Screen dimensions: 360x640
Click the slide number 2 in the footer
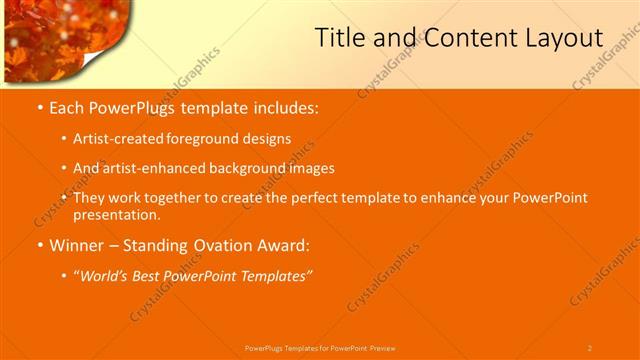tap(589, 347)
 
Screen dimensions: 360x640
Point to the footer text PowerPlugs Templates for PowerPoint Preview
tap(320, 347)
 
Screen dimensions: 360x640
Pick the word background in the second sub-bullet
tap(247, 168)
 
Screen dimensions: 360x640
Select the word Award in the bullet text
tap(286, 245)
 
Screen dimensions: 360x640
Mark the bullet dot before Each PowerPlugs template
tap(39, 107)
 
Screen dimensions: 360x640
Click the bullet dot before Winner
tap(39, 245)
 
